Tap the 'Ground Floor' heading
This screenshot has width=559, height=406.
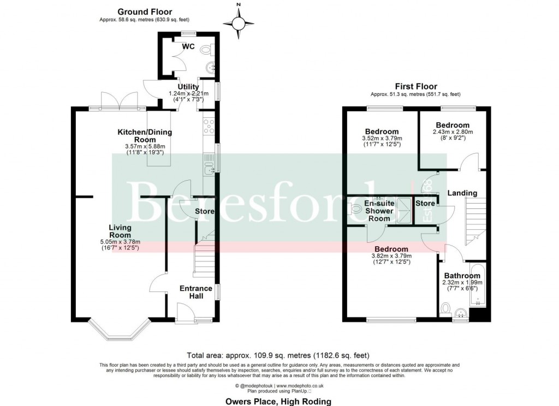(145, 11)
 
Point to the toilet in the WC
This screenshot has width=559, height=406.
(206, 50)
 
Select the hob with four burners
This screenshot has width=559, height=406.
(209, 128)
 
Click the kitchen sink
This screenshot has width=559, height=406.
(209, 164)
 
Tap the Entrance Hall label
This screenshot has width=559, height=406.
(196, 292)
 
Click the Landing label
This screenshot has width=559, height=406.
(462, 193)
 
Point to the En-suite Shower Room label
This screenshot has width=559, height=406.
(379, 211)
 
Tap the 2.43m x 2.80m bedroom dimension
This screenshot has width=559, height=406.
(453, 132)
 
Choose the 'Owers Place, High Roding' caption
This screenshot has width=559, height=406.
(279, 401)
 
